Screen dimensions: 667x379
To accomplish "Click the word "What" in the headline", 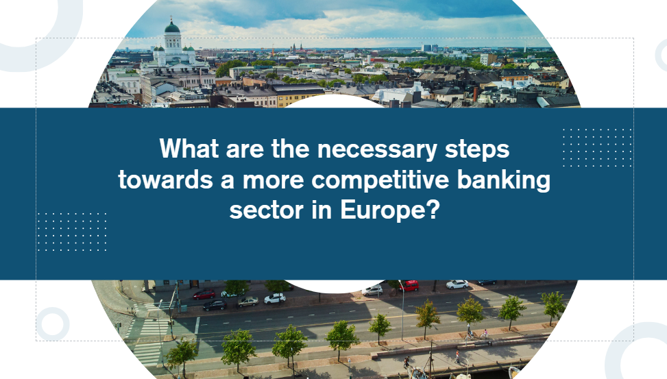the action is click(189, 149).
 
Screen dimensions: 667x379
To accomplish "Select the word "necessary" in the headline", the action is click(377, 149).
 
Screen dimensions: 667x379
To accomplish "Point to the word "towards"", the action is click(165, 180).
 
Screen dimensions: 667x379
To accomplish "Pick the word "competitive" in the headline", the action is click(380, 180).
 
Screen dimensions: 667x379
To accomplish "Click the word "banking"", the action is click(504, 180).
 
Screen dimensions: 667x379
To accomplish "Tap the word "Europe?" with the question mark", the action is click(389, 211).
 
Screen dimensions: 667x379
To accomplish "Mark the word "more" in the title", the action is click(273, 181).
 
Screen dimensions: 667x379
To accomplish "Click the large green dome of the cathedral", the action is click(172, 27).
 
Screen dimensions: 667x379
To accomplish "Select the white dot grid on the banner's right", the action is click(597, 147).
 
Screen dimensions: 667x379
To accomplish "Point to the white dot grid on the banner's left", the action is click(72, 232).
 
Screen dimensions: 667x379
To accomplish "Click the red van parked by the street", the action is click(409, 285).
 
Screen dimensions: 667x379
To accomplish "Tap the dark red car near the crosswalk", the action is click(204, 294).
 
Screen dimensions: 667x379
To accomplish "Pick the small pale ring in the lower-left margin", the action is click(53, 324).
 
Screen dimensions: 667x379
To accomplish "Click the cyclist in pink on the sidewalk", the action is click(485, 334).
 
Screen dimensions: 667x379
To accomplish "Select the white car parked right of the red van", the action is click(457, 284).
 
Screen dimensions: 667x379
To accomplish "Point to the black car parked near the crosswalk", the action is click(215, 305).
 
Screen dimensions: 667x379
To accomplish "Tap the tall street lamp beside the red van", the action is click(402, 310).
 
